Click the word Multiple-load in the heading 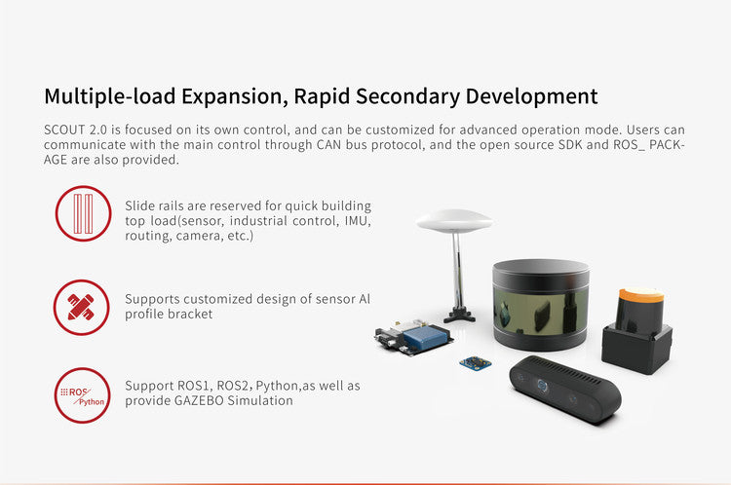tap(109, 96)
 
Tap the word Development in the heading tap(531, 96)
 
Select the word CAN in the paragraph tap(329, 144)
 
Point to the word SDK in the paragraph tap(570, 144)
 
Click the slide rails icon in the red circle tap(84, 213)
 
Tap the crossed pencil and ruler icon tap(81, 307)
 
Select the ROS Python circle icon tap(82, 395)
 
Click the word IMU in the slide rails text tap(357, 221)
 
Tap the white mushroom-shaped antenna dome tap(454, 220)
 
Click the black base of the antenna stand tap(460, 316)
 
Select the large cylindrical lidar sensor tap(541, 305)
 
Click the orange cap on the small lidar tap(641, 294)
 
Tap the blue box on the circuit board tap(424, 337)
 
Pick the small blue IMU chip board tap(475, 363)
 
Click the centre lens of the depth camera tap(542, 386)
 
